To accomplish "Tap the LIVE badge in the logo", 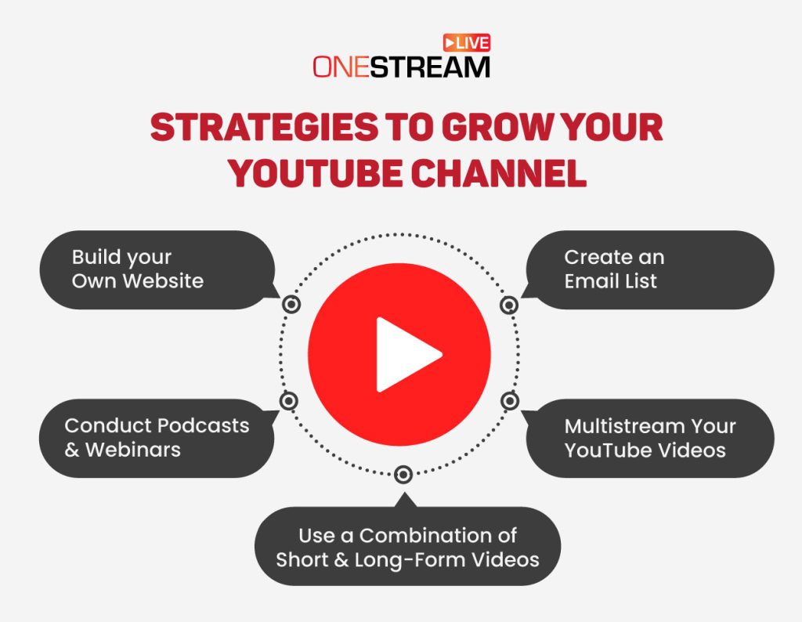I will click(x=467, y=43).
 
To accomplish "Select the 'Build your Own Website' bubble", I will click(x=157, y=269).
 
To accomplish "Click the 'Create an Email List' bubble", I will click(x=647, y=269).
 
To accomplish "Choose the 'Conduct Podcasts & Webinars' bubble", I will click(x=157, y=438).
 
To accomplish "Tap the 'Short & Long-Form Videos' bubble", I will click(x=407, y=548).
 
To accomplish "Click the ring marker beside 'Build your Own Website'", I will click(x=291, y=305).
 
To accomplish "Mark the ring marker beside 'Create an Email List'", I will click(x=509, y=305).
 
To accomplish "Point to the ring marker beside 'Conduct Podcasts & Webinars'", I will click(x=289, y=401).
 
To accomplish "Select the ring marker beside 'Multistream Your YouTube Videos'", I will click(x=510, y=401).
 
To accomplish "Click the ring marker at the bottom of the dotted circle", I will click(x=403, y=474).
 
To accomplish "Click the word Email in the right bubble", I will click(x=589, y=280).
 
